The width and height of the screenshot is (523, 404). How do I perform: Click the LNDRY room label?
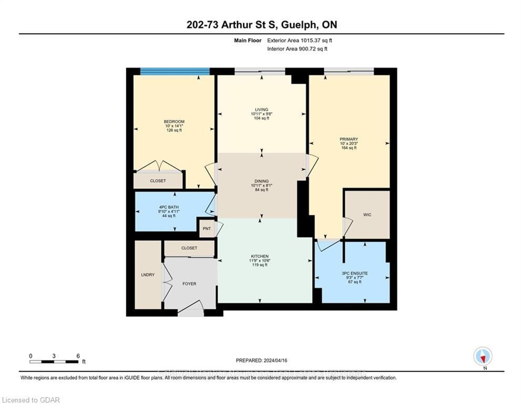tap(148, 275)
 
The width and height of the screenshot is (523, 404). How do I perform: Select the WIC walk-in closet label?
tap(367, 215)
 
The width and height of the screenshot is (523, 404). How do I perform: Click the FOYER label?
tap(189, 284)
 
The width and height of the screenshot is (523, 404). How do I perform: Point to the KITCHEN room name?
tap(260, 255)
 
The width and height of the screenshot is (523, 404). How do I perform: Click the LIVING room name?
tap(261, 109)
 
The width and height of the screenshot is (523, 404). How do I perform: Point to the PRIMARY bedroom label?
tap(348, 139)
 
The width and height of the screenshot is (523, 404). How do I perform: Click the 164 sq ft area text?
tap(348, 148)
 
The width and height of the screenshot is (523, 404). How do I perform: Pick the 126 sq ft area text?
tap(174, 131)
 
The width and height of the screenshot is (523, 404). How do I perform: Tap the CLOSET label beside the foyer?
tap(189, 248)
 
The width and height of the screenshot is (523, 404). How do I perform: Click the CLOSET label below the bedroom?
tap(158, 180)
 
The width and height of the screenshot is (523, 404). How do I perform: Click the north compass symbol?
tap(482, 356)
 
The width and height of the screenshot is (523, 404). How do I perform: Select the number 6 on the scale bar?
tap(78, 356)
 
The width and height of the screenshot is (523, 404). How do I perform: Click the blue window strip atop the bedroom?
tap(175, 72)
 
